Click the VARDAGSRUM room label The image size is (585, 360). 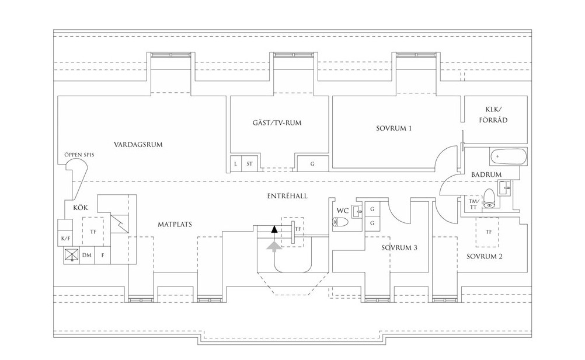[x=138, y=145]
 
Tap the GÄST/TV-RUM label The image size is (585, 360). [x=277, y=123]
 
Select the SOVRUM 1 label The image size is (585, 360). [x=394, y=128]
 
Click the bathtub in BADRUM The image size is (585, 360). [x=509, y=157]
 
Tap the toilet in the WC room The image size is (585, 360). [x=340, y=222]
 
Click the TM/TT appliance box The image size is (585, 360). [x=473, y=204]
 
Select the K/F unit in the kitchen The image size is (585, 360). [x=65, y=233]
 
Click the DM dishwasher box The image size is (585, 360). [x=87, y=256]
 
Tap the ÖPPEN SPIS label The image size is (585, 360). [x=79, y=155]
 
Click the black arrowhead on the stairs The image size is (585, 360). [x=274, y=229]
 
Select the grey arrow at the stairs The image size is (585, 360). [x=274, y=247]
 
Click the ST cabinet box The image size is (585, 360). [x=249, y=163]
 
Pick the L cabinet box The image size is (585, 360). [x=236, y=163]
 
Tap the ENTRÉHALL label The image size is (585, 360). [x=287, y=196]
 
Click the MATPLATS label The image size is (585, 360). [x=175, y=225]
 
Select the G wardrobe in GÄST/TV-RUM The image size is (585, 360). [x=313, y=163]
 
